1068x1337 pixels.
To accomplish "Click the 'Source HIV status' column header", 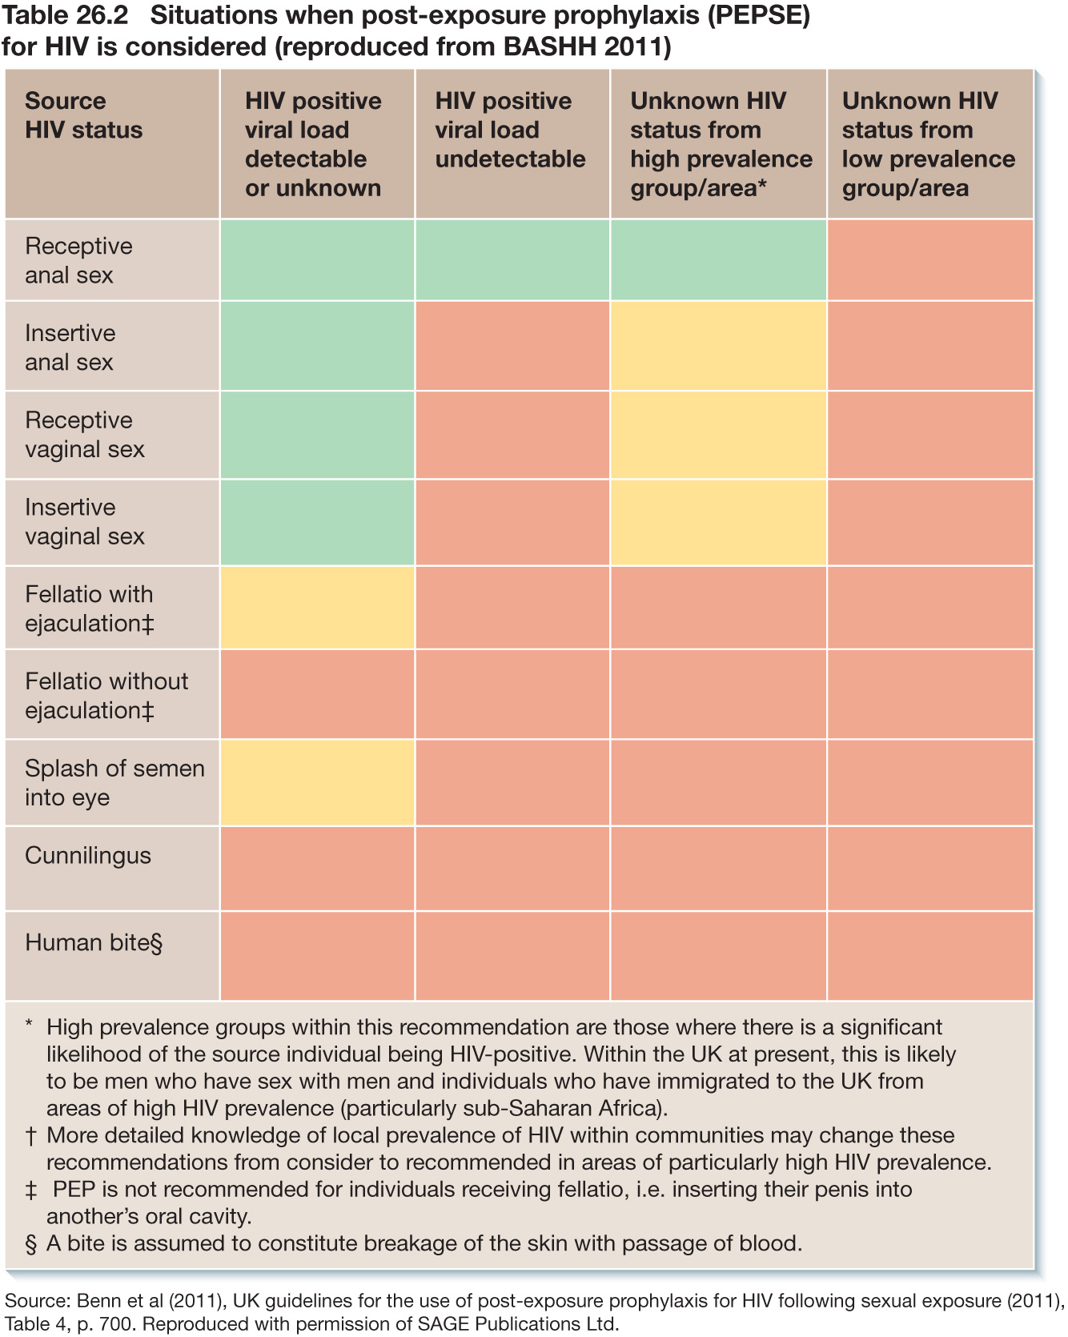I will (x=84, y=115).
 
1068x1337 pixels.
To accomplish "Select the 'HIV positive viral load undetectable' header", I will (x=510, y=130).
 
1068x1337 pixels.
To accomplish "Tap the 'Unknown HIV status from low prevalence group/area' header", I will (x=928, y=144).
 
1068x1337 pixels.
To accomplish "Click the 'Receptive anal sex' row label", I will (x=78, y=260).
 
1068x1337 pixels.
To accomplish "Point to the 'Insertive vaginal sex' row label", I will (x=84, y=521).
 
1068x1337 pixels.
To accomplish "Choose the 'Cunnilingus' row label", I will (x=88, y=855).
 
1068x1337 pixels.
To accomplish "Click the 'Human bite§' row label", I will (x=94, y=942).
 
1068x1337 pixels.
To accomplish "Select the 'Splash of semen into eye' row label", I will (x=114, y=782).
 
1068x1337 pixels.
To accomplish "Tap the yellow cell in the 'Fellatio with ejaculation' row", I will (x=317, y=608).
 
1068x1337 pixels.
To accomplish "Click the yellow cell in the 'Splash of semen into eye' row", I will (x=317, y=782).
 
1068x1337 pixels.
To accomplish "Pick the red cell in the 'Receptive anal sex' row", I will (x=929, y=260).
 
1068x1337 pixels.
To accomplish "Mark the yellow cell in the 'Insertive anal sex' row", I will (x=718, y=346).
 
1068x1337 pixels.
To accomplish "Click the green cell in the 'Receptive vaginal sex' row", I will (x=317, y=435).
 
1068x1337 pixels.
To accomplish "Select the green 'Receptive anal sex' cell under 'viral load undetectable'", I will (x=512, y=260).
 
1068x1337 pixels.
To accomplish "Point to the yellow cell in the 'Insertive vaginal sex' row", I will (x=718, y=521).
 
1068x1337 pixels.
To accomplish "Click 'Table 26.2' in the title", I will (x=66, y=16).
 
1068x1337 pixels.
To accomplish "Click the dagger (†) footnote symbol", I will (x=31, y=1136).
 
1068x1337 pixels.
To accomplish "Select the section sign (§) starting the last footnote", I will (x=31, y=1244).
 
